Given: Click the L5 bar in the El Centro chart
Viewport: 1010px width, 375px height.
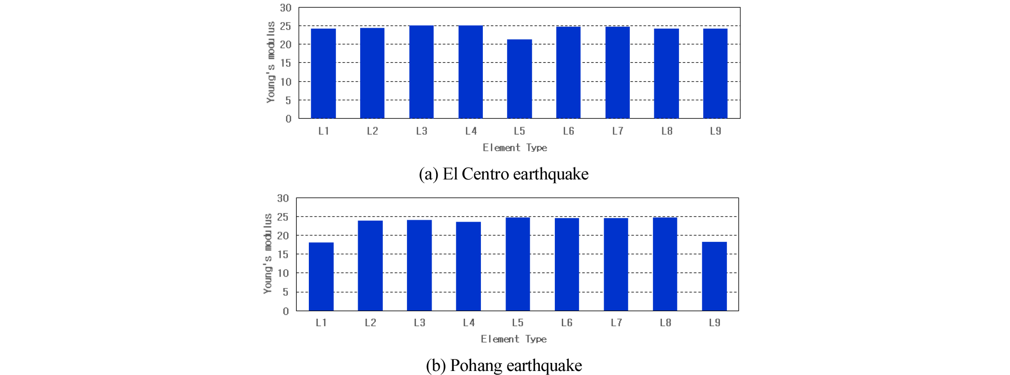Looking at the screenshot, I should pyautogui.click(x=519, y=79).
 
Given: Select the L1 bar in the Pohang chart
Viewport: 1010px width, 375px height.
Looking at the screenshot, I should pyautogui.click(x=321, y=276).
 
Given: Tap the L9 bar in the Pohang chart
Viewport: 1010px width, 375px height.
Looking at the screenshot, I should pyautogui.click(x=714, y=276).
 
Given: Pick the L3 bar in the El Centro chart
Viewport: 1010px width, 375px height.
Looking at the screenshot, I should pyautogui.click(x=422, y=72).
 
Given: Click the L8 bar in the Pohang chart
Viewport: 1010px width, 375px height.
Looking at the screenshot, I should pyautogui.click(x=665, y=264).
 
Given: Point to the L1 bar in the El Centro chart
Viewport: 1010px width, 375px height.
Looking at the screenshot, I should pyautogui.click(x=323, y=73).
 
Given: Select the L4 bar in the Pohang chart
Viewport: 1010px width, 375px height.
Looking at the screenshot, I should pyautogui.click(x=468, y=266).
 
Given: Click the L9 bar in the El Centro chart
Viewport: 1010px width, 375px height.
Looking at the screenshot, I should pyautogui.click(x=715, y=73).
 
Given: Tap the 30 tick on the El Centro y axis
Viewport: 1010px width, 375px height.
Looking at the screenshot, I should pyautogui.click(x=286, y=8).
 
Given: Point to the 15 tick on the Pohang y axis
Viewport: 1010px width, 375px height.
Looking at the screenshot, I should pyautogui.click(x=283, y=254).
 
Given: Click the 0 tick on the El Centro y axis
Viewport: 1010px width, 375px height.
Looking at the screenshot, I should pyautogui.click(x=288, y=119).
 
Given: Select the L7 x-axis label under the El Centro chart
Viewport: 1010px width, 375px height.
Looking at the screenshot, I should pyautogui.click(x=618, y=131).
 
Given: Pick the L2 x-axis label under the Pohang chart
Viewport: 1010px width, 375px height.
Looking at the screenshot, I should pyautogui.click(x=371, y=323).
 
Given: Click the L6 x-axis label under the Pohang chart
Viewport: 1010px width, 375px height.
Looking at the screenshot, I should pyautogui.click(x=567, y=323).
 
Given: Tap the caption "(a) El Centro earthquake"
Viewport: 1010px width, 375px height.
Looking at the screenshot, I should pyautogui.click(x=503, y=174).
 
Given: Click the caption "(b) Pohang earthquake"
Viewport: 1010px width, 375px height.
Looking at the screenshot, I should pyautogui.click(x=503, y=365).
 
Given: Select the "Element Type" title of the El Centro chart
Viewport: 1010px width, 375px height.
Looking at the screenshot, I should pyautogui.click(x=515, y=148).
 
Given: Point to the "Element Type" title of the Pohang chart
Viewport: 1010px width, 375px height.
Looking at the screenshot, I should pyautogui.click(x=514, y=339).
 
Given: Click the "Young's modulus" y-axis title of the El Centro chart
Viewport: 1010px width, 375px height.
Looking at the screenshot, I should pyautogui.click(x=271, y=62).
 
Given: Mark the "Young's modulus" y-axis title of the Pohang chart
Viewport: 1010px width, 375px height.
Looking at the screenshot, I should pyautogui.click(x=268, y=253).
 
